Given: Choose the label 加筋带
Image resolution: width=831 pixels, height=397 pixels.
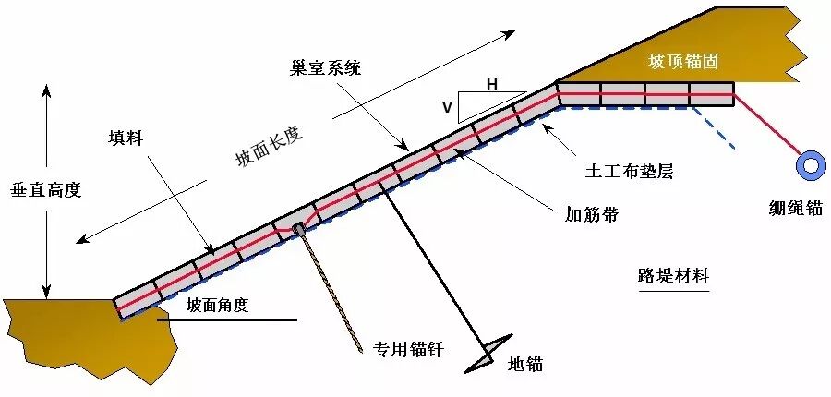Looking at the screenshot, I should (592, 215).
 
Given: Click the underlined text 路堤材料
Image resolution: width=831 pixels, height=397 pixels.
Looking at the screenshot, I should (674, 276).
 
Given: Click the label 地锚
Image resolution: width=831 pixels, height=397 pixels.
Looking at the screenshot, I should (525, 364).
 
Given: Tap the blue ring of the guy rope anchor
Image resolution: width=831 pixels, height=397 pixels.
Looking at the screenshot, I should (812, 165).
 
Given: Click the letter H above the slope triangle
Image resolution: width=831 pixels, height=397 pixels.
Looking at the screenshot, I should (492, 85).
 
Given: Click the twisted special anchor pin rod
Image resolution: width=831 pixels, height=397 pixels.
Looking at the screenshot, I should (331, 290).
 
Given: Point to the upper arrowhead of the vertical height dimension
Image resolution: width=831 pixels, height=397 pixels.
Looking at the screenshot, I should (41, 89).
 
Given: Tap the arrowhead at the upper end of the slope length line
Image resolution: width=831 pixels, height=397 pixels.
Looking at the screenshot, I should (510, 35).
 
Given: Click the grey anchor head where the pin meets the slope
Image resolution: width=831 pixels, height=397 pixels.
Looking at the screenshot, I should (298, 228).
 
